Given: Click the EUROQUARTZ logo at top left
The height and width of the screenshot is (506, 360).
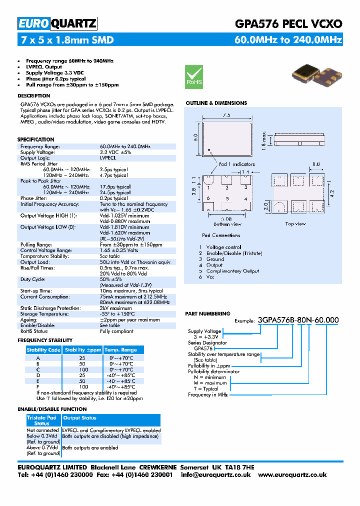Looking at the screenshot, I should coord(57,23).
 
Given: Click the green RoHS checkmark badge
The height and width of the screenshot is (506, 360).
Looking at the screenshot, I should coord(194,76).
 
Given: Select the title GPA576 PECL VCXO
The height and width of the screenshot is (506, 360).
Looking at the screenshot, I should coord(288,23).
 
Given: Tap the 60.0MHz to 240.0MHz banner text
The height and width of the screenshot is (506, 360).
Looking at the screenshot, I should coord(288,40).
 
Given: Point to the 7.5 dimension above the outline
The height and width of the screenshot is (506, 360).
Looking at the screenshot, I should coord(226,115).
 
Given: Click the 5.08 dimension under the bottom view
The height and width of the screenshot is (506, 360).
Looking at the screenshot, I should coord(227,218).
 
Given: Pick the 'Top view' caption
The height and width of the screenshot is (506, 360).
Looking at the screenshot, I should coord(295,223).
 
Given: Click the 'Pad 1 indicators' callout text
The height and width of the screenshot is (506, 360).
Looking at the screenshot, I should coord(236,164).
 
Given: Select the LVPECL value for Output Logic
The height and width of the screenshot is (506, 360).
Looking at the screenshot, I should coord(108,158).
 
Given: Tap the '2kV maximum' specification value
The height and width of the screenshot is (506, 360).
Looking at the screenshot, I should coord(116,308).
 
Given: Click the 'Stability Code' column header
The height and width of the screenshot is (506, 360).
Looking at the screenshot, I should coord(43,350).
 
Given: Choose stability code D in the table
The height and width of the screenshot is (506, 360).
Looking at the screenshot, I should coord(38,375).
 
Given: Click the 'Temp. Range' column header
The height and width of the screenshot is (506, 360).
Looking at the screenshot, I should coord(120,350).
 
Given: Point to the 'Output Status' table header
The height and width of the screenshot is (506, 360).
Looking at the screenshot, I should coord(80,418).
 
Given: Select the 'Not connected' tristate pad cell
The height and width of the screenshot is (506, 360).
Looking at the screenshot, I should coord(42,430).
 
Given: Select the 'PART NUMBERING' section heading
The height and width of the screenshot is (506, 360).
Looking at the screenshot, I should coord(207,313).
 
